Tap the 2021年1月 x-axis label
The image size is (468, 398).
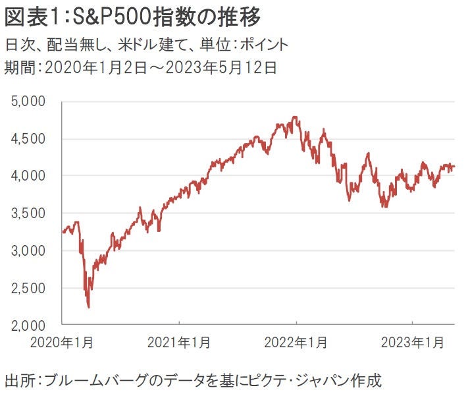coord(180,343)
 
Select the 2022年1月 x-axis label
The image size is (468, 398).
coord(296,343)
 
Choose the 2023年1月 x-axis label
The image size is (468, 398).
coord(412,343)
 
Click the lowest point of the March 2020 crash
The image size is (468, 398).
coord(88,307)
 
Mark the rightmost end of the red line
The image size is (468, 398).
coord(454,167)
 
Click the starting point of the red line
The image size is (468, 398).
coord(63,232)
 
